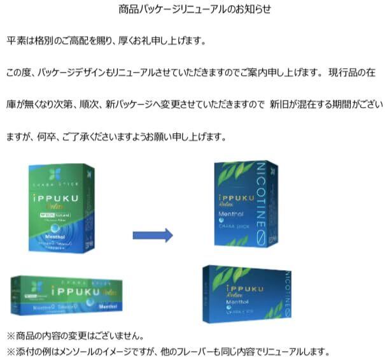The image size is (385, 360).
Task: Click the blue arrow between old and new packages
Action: (x=152, y=235)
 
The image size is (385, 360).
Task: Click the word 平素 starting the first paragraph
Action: (x=15, y=41)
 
